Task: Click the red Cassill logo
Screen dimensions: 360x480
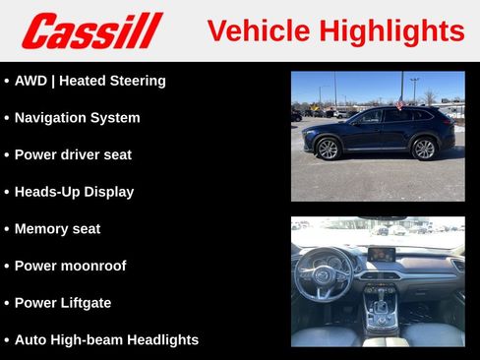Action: pyautogui.click(x=91, y=30)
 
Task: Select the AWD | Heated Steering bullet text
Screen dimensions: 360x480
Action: pyautogui.click(x=90, y=81)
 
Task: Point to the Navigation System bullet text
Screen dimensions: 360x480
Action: pyautogui.click(x=77, y=118)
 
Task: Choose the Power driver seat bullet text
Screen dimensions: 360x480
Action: pyautogui.click(x=73, y=154)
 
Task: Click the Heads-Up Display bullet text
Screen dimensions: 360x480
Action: pyautogui.click(x=74, y=192)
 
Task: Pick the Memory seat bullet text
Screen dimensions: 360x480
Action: pyautogui.click(x=57, y=229)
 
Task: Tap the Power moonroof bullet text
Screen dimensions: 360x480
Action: pyautogui.click(x=70, y=266)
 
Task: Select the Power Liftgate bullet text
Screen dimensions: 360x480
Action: pyautogui.click(x=62, y=303)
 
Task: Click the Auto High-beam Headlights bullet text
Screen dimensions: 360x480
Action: pyautogui.click(x=106, y=339)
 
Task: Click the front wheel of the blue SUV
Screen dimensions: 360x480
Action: pyautogui.click(x=328, y=149)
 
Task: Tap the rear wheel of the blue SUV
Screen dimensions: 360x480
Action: pyautogui.click(x=424, y=149)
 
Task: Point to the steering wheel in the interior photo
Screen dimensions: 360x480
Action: pyautogui.click(x=324, y=272)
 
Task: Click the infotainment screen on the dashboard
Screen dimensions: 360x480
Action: pyautogui.click(x=381, y=254)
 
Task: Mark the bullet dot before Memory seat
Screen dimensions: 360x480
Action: pyautogui.click(x=6, y=229)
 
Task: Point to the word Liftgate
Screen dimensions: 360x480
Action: pyautogui.click(x=86, y=303)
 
